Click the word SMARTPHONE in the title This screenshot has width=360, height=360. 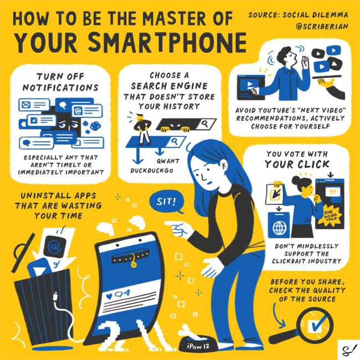pos(167,43)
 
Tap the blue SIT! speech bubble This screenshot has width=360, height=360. pos(167,202)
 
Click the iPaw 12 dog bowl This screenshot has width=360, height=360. pos(198,344)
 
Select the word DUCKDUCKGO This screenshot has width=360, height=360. pos(152,171)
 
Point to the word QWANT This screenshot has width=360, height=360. pos(168,161)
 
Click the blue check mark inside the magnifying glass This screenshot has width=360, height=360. pos(318,323)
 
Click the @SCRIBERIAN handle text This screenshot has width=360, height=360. pos(322,27)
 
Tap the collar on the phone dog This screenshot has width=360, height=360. pos(130,258)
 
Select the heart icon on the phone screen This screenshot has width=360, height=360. pos(109,296)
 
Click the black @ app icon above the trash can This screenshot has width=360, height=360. pos(55,246)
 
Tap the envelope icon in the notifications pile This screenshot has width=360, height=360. pos(26,105)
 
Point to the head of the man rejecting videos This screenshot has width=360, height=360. pos(285,56)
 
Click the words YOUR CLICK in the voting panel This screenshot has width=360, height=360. pos(297,164)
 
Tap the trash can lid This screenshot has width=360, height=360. pos(23,252)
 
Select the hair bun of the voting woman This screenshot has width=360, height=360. pos(296,181)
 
